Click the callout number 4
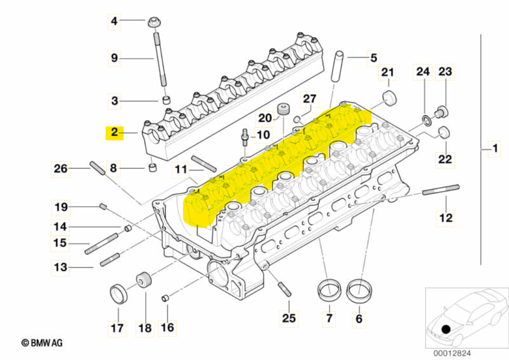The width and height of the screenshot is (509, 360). [114, 21]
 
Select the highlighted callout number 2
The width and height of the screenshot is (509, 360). [114, 132]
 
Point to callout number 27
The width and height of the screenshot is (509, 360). [310, 99]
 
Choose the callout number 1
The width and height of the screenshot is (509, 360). [495, 149]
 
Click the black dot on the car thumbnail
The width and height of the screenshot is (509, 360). [446, 329]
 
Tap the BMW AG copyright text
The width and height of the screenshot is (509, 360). [42, 342]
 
